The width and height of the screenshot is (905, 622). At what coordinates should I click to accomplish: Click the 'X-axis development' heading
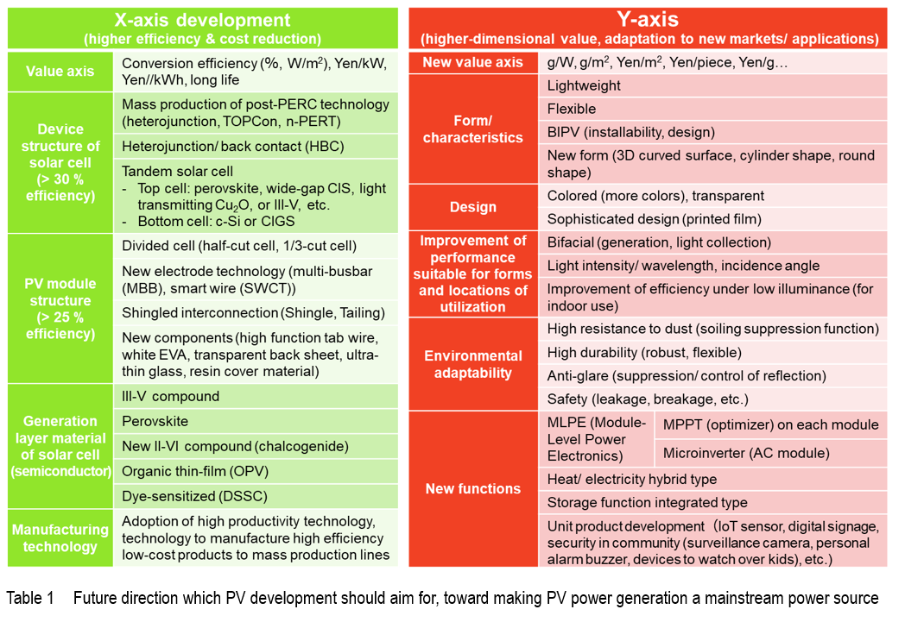(202, 20)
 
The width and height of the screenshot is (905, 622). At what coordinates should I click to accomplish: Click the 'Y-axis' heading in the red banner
(648, 19)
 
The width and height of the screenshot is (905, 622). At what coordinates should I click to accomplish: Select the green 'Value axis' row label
(60, 72)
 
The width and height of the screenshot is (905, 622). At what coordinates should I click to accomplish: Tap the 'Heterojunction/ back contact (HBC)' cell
(256, 147)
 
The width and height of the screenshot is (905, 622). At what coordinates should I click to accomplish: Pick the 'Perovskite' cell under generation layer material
(256, 421)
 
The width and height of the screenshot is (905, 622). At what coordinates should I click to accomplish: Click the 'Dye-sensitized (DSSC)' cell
(256, 496)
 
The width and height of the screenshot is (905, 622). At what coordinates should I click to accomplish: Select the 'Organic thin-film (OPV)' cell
(256, 472)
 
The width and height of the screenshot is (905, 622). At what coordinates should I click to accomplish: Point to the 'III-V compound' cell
(256, 397)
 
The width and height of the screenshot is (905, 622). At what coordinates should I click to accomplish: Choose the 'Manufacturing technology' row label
(60, 537)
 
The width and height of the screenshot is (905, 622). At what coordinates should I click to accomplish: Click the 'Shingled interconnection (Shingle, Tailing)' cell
(256, 313)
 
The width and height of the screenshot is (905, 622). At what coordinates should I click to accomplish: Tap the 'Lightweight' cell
(712, 86)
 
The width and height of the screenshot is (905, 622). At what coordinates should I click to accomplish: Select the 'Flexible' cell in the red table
(712, 109)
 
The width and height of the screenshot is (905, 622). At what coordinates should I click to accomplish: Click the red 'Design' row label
(473, 207)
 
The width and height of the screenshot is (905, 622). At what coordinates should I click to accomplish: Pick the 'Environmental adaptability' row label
(473, 364)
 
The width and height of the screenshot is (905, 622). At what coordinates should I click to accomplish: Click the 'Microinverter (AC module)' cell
(771, 453)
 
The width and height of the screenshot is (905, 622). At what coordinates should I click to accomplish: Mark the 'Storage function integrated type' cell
(712, 503)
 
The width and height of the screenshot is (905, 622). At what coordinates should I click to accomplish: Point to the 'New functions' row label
(473, 489)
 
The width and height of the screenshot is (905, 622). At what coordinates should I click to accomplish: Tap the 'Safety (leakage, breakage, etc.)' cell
(712, 399)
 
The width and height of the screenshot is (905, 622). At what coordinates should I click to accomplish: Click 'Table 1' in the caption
(30, 598)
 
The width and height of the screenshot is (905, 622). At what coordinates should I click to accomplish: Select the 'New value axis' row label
(473, 62)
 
